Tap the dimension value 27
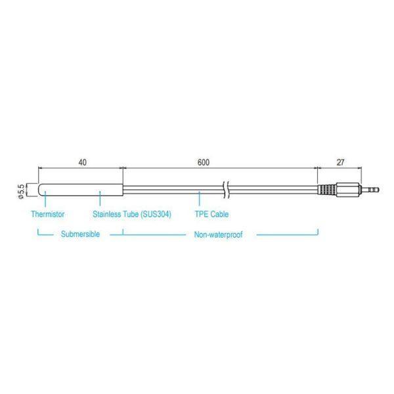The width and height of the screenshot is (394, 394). pos(341,162)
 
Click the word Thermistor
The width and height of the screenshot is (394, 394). pos(47,214)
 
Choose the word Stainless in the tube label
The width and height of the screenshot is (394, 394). pos(108,214)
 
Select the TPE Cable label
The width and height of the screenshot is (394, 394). pos(211,214)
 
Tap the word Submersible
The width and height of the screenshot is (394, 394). pos(80,234)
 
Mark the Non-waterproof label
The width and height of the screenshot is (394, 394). pos(218,234)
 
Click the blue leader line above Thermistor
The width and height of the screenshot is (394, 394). pos(45,200)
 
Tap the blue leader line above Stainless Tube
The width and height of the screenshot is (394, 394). pos(99,200)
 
